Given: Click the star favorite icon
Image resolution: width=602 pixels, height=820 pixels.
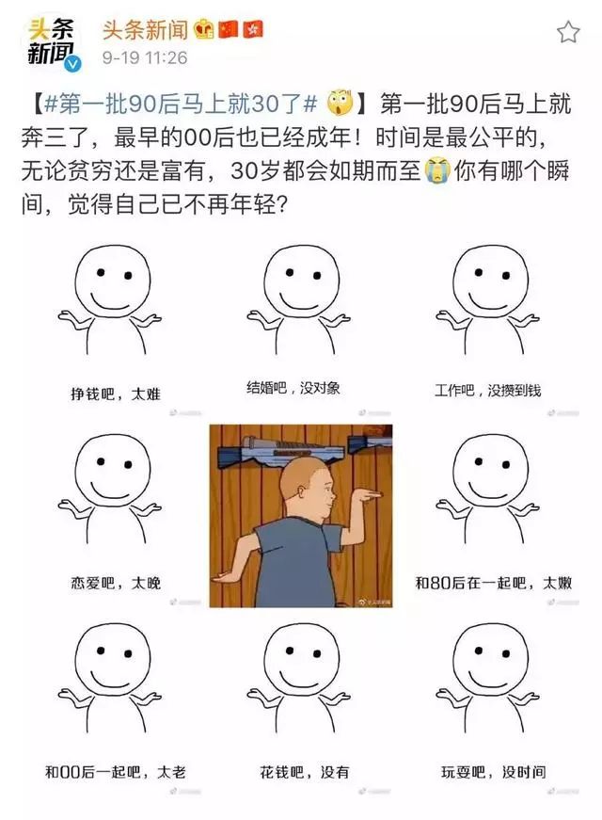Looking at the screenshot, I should (x=568, y=33).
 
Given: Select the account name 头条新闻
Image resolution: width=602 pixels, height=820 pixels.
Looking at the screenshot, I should (x=142, y=30).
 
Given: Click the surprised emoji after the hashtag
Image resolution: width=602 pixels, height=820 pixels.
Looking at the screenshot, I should (x=338, y=101).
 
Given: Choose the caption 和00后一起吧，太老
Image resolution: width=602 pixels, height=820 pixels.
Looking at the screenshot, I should (x=115, y=773).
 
